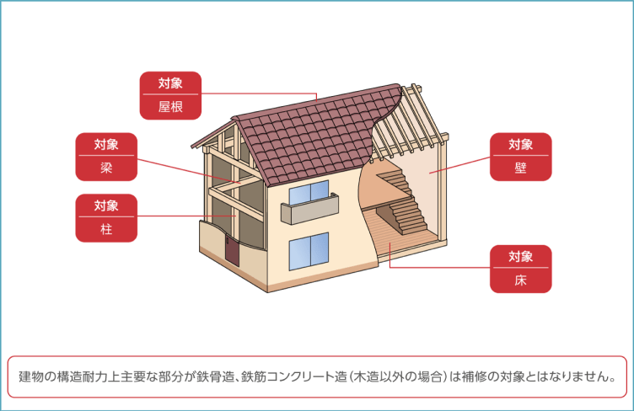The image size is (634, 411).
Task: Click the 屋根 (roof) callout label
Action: click(x=170, y=95)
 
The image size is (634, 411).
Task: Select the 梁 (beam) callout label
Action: click(x=105, y=157)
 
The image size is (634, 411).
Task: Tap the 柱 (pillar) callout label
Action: click(x=105, y=218)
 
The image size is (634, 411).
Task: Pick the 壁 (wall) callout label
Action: click(x=521, y=157)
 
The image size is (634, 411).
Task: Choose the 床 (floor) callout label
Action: click(x=521, y=269)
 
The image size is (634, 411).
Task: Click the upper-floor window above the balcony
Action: click(x=309, y=194)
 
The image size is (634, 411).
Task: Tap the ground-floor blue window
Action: click(x=309, y=251)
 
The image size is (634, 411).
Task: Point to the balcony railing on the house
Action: click(x=309, y=211)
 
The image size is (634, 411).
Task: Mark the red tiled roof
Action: click(x=312, y=135)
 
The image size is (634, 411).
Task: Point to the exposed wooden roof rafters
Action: click(x=413, y=126)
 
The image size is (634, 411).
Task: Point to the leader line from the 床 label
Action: click(x=438, y=269)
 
